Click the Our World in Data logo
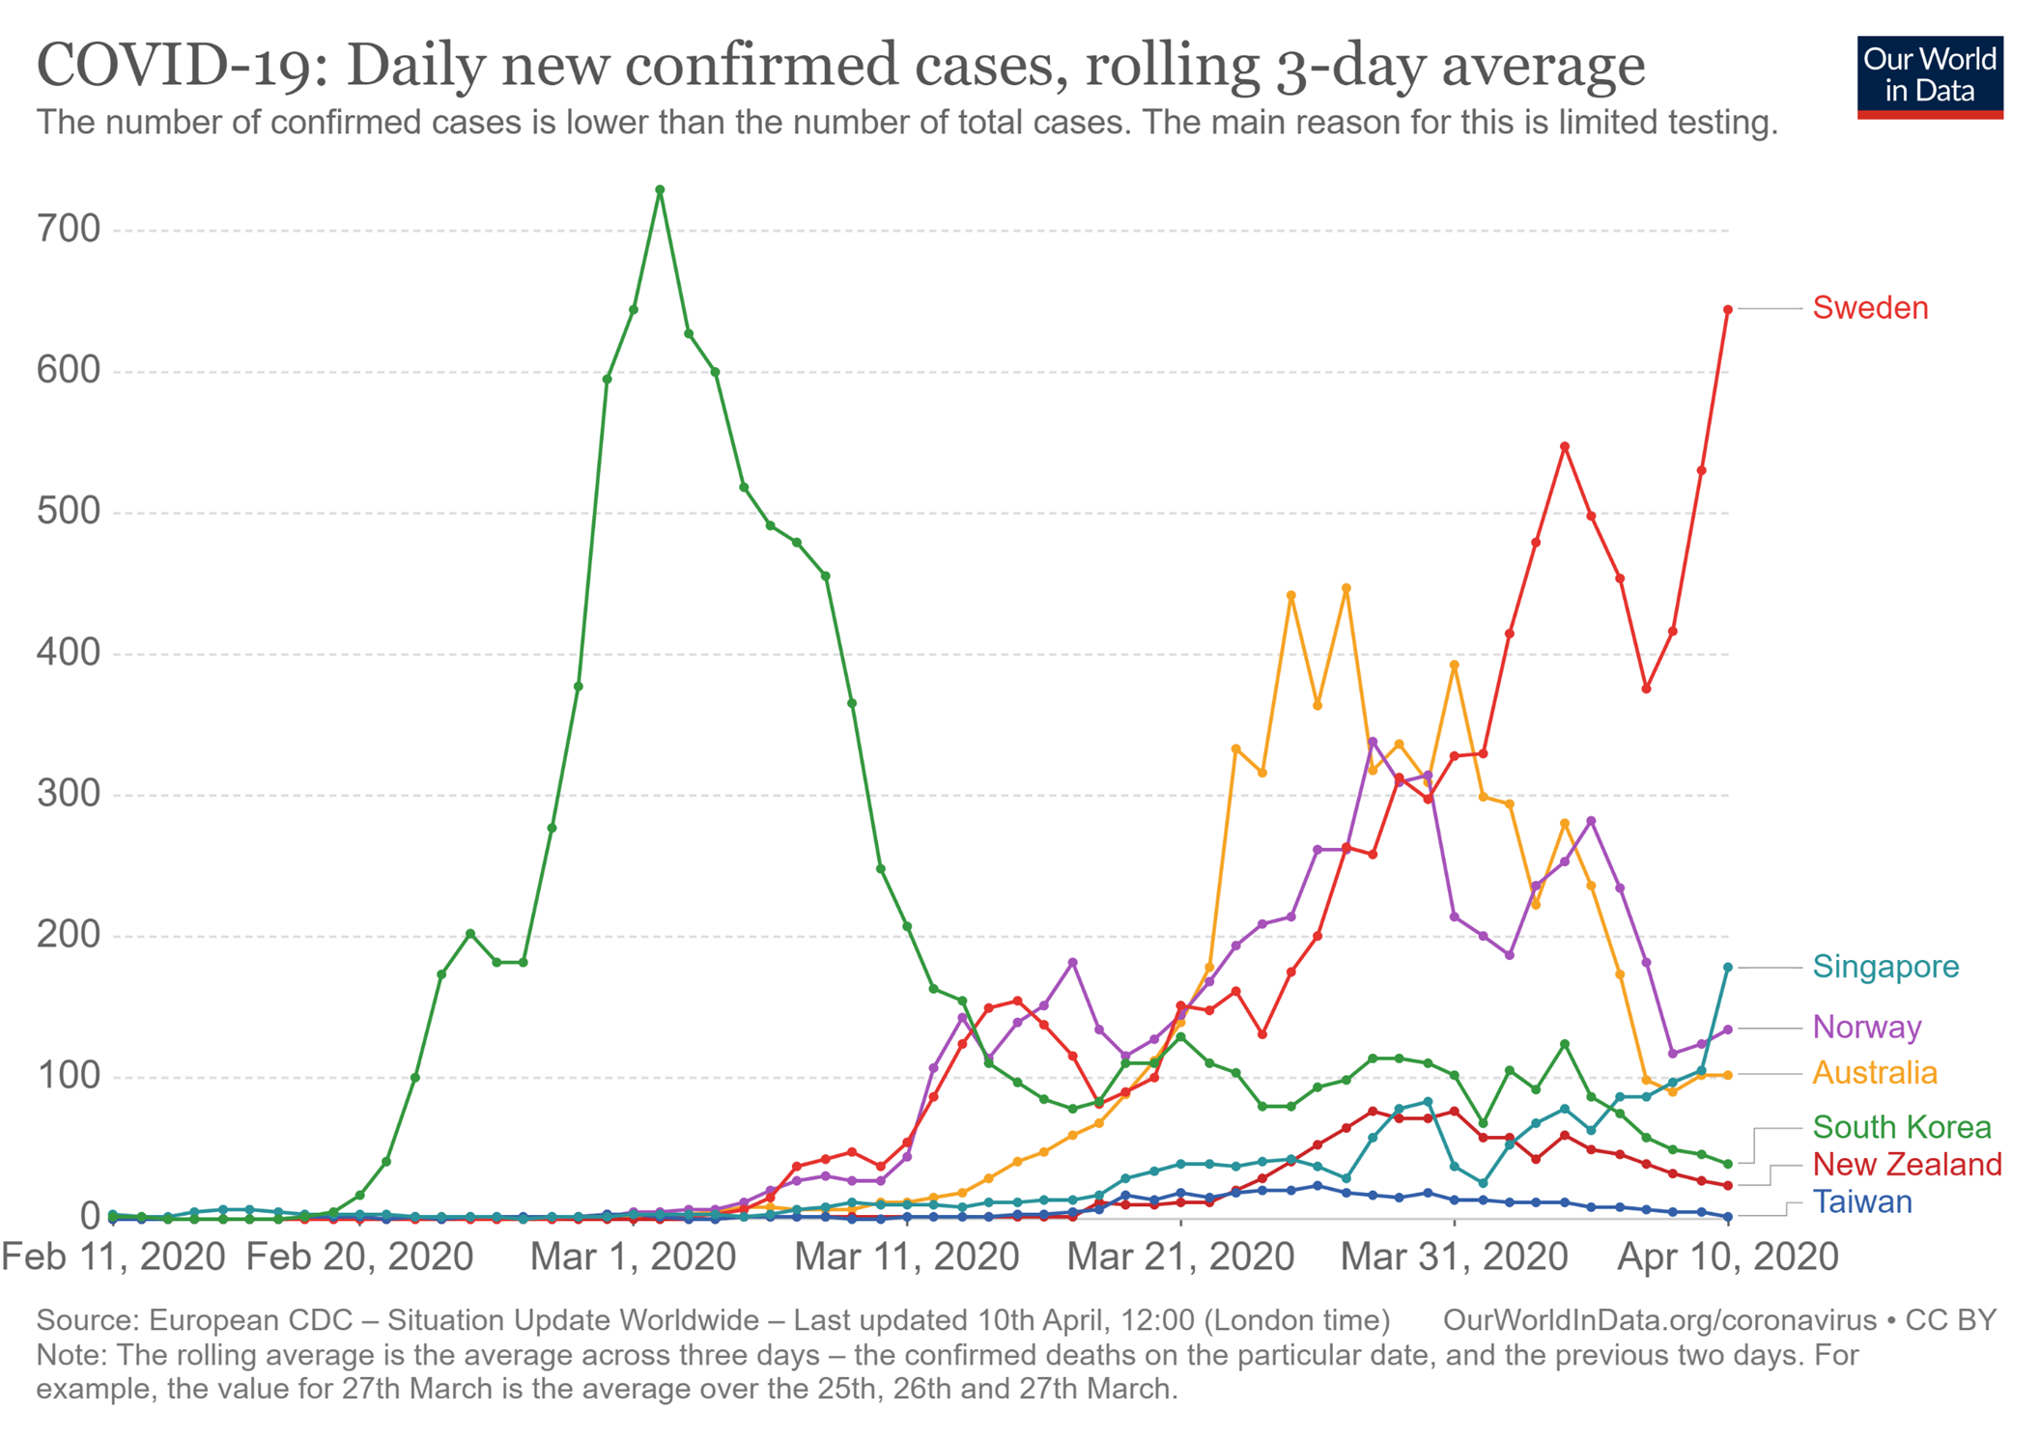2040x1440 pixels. [1929, 76]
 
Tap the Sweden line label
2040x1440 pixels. [1869, 308]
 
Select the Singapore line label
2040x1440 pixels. [1884, 967]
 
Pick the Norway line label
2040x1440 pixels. [1866, 1027]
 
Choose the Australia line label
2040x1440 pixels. [1874, 1073]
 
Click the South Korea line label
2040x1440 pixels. [1901, 1127]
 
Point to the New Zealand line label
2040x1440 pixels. [1907, 1165]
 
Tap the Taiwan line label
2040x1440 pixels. [1861, 1202]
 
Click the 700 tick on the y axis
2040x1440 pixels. [69, 230]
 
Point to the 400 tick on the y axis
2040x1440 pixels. [69, 654]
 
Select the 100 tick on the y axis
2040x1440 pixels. [69, 1077]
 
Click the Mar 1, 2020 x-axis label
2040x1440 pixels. [633, 1257]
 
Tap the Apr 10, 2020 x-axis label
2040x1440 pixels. [1727, 1257]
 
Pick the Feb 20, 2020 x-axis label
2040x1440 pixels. [359, 1257]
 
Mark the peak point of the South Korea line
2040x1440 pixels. [660, 190]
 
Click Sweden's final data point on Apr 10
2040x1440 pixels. [1728, 309]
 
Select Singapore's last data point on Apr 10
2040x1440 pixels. [1728, 967]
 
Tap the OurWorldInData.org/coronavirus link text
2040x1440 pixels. [1658, 1320]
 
